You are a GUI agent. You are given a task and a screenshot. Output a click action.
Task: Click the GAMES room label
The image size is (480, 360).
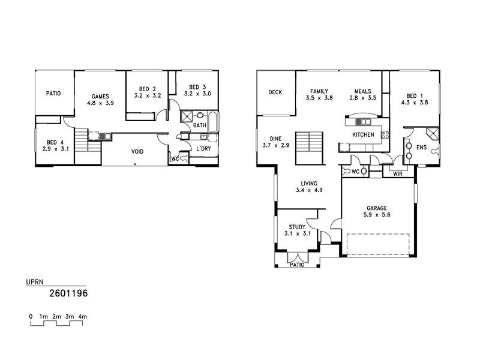pyautogui.click(x=100, y=96)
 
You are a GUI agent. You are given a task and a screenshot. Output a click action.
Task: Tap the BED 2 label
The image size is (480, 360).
pyautogui.click(x=147, y=87)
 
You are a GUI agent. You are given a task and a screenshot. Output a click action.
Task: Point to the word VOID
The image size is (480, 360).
pyautogui.click(x=137, y=152)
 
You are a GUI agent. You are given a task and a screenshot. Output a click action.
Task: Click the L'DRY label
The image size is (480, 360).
pyautogui.click(x=202, y=148)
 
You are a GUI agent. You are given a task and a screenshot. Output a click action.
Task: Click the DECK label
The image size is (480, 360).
pyautogui.click(x=275, y=92)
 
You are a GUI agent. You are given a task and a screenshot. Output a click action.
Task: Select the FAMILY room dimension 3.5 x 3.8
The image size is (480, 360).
pyautogui.click(x=319, y=98)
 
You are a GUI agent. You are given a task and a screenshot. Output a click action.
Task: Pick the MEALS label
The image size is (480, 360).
pyautogui.click(x=363, y=91)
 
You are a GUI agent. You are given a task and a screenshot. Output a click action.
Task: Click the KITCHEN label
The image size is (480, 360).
pyautogui.click(x=363, y=134)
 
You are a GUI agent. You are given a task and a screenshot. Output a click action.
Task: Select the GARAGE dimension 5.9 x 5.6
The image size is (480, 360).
pyautogui.click(x=377, y=215)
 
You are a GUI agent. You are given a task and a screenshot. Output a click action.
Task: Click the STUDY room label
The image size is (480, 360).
pyautogui.click(x=297, y=227)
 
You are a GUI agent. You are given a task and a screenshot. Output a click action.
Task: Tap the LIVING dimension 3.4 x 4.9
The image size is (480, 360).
pyautogui.click(x=310, y=191)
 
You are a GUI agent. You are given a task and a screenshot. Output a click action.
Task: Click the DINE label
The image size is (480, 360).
pyautogui.click(x=276, y=138)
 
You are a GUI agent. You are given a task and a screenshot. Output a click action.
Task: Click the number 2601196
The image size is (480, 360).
pyautogui.click(x=68, y=294)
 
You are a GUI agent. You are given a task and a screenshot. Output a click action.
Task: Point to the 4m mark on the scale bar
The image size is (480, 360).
pyautogui.click(x=83, y=316)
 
